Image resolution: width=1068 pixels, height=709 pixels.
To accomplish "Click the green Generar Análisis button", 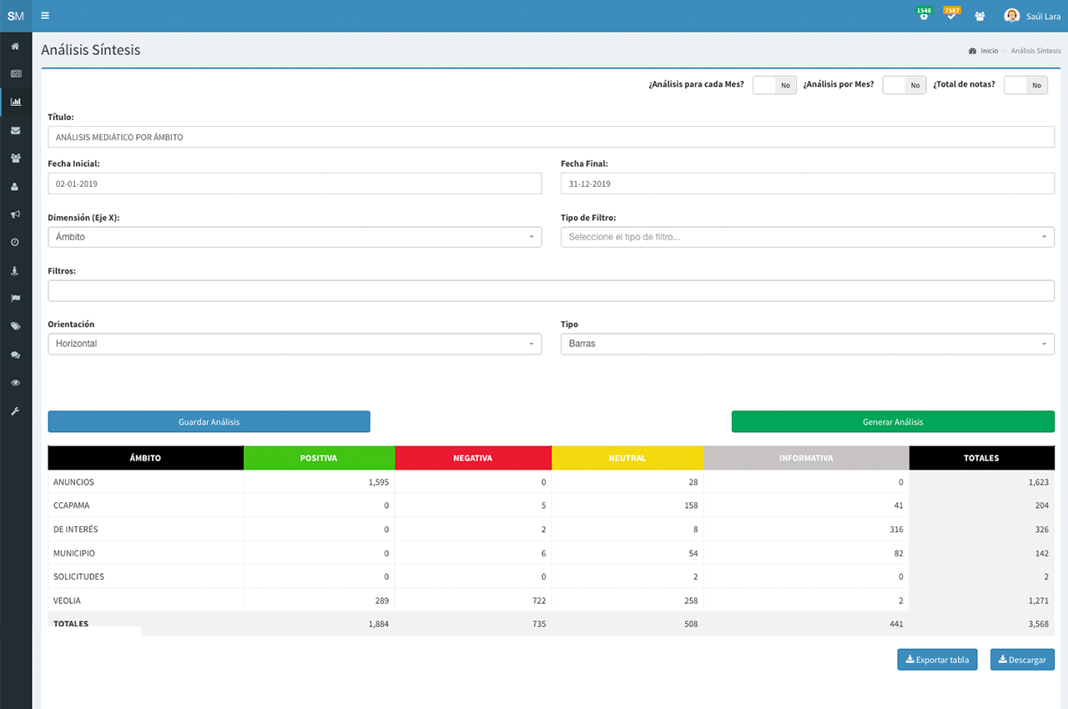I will tap(893, 421).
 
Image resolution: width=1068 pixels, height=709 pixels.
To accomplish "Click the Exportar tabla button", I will tap(937, 660).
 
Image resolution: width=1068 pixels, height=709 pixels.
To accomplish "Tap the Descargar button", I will tap(1022, 660).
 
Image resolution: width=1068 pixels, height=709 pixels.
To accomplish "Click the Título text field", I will tap(551, 137).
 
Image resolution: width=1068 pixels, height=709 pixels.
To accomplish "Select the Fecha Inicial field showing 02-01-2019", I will tap(295, 184).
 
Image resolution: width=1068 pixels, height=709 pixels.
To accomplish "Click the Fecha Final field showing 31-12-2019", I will tap(807, 184).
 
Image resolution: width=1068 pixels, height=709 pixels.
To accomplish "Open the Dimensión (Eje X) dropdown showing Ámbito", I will tap(295, 237).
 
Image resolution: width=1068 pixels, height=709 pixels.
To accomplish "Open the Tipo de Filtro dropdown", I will tap(807, 237).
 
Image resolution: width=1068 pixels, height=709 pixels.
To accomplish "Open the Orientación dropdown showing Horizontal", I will tap(295, 344).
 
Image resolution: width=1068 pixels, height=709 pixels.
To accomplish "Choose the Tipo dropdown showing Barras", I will tap(807, 344).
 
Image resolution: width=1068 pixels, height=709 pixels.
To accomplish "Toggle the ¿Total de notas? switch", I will tap(1025, 85).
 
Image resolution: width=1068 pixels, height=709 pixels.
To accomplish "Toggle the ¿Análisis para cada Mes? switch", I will tap(774, 85).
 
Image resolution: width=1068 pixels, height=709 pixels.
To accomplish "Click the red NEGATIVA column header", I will tap(472, 458).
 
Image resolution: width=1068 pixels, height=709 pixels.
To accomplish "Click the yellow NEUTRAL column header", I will tap(627, 458).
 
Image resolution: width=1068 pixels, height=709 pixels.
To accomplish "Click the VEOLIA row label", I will tap(68, 601).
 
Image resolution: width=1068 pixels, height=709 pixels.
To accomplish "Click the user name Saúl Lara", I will tap(1043, 16).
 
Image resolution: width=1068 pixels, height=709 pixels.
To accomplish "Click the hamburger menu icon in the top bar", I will tap(45, 16).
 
